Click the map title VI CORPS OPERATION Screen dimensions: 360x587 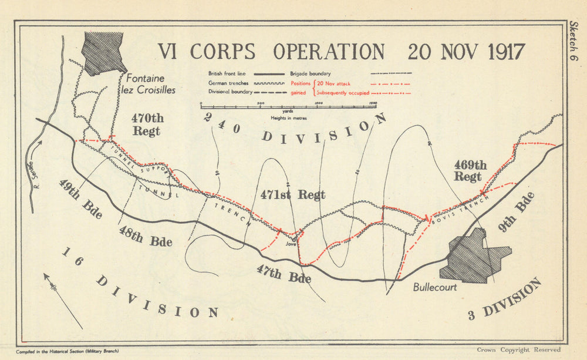[x=271, y=52]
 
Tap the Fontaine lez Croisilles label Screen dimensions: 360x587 [x=148, y=84]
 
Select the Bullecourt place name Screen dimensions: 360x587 [x=434, y=288]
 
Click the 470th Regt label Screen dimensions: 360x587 [x=146, y=124]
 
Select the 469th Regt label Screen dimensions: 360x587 [x=470, y=170]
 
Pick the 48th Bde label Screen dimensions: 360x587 [x=145, y=235]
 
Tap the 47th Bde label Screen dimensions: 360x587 [x=284, y=274]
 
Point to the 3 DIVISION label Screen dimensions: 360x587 [x=505, y=300]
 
